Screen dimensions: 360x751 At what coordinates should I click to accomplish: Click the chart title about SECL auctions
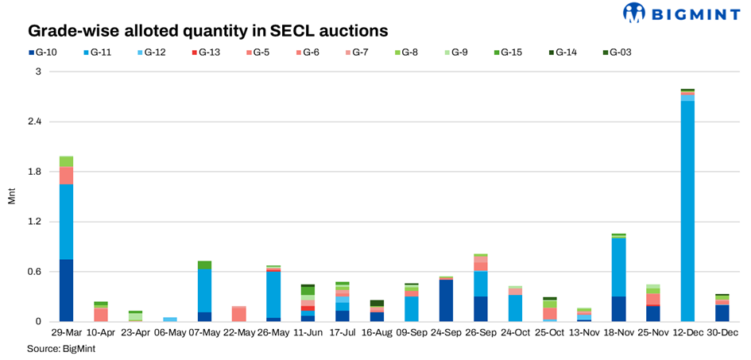208,31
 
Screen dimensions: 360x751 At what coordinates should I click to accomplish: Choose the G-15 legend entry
506,52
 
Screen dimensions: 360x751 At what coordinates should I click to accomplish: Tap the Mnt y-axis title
11,196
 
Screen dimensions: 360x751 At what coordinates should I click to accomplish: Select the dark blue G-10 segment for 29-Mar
66,291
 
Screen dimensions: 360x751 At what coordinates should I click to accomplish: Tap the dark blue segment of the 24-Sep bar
446,300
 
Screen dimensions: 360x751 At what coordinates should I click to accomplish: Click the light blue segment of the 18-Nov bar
618,267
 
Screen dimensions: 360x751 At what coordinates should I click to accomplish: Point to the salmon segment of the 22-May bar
238,314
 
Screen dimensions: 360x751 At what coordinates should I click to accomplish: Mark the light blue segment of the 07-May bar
204,291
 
